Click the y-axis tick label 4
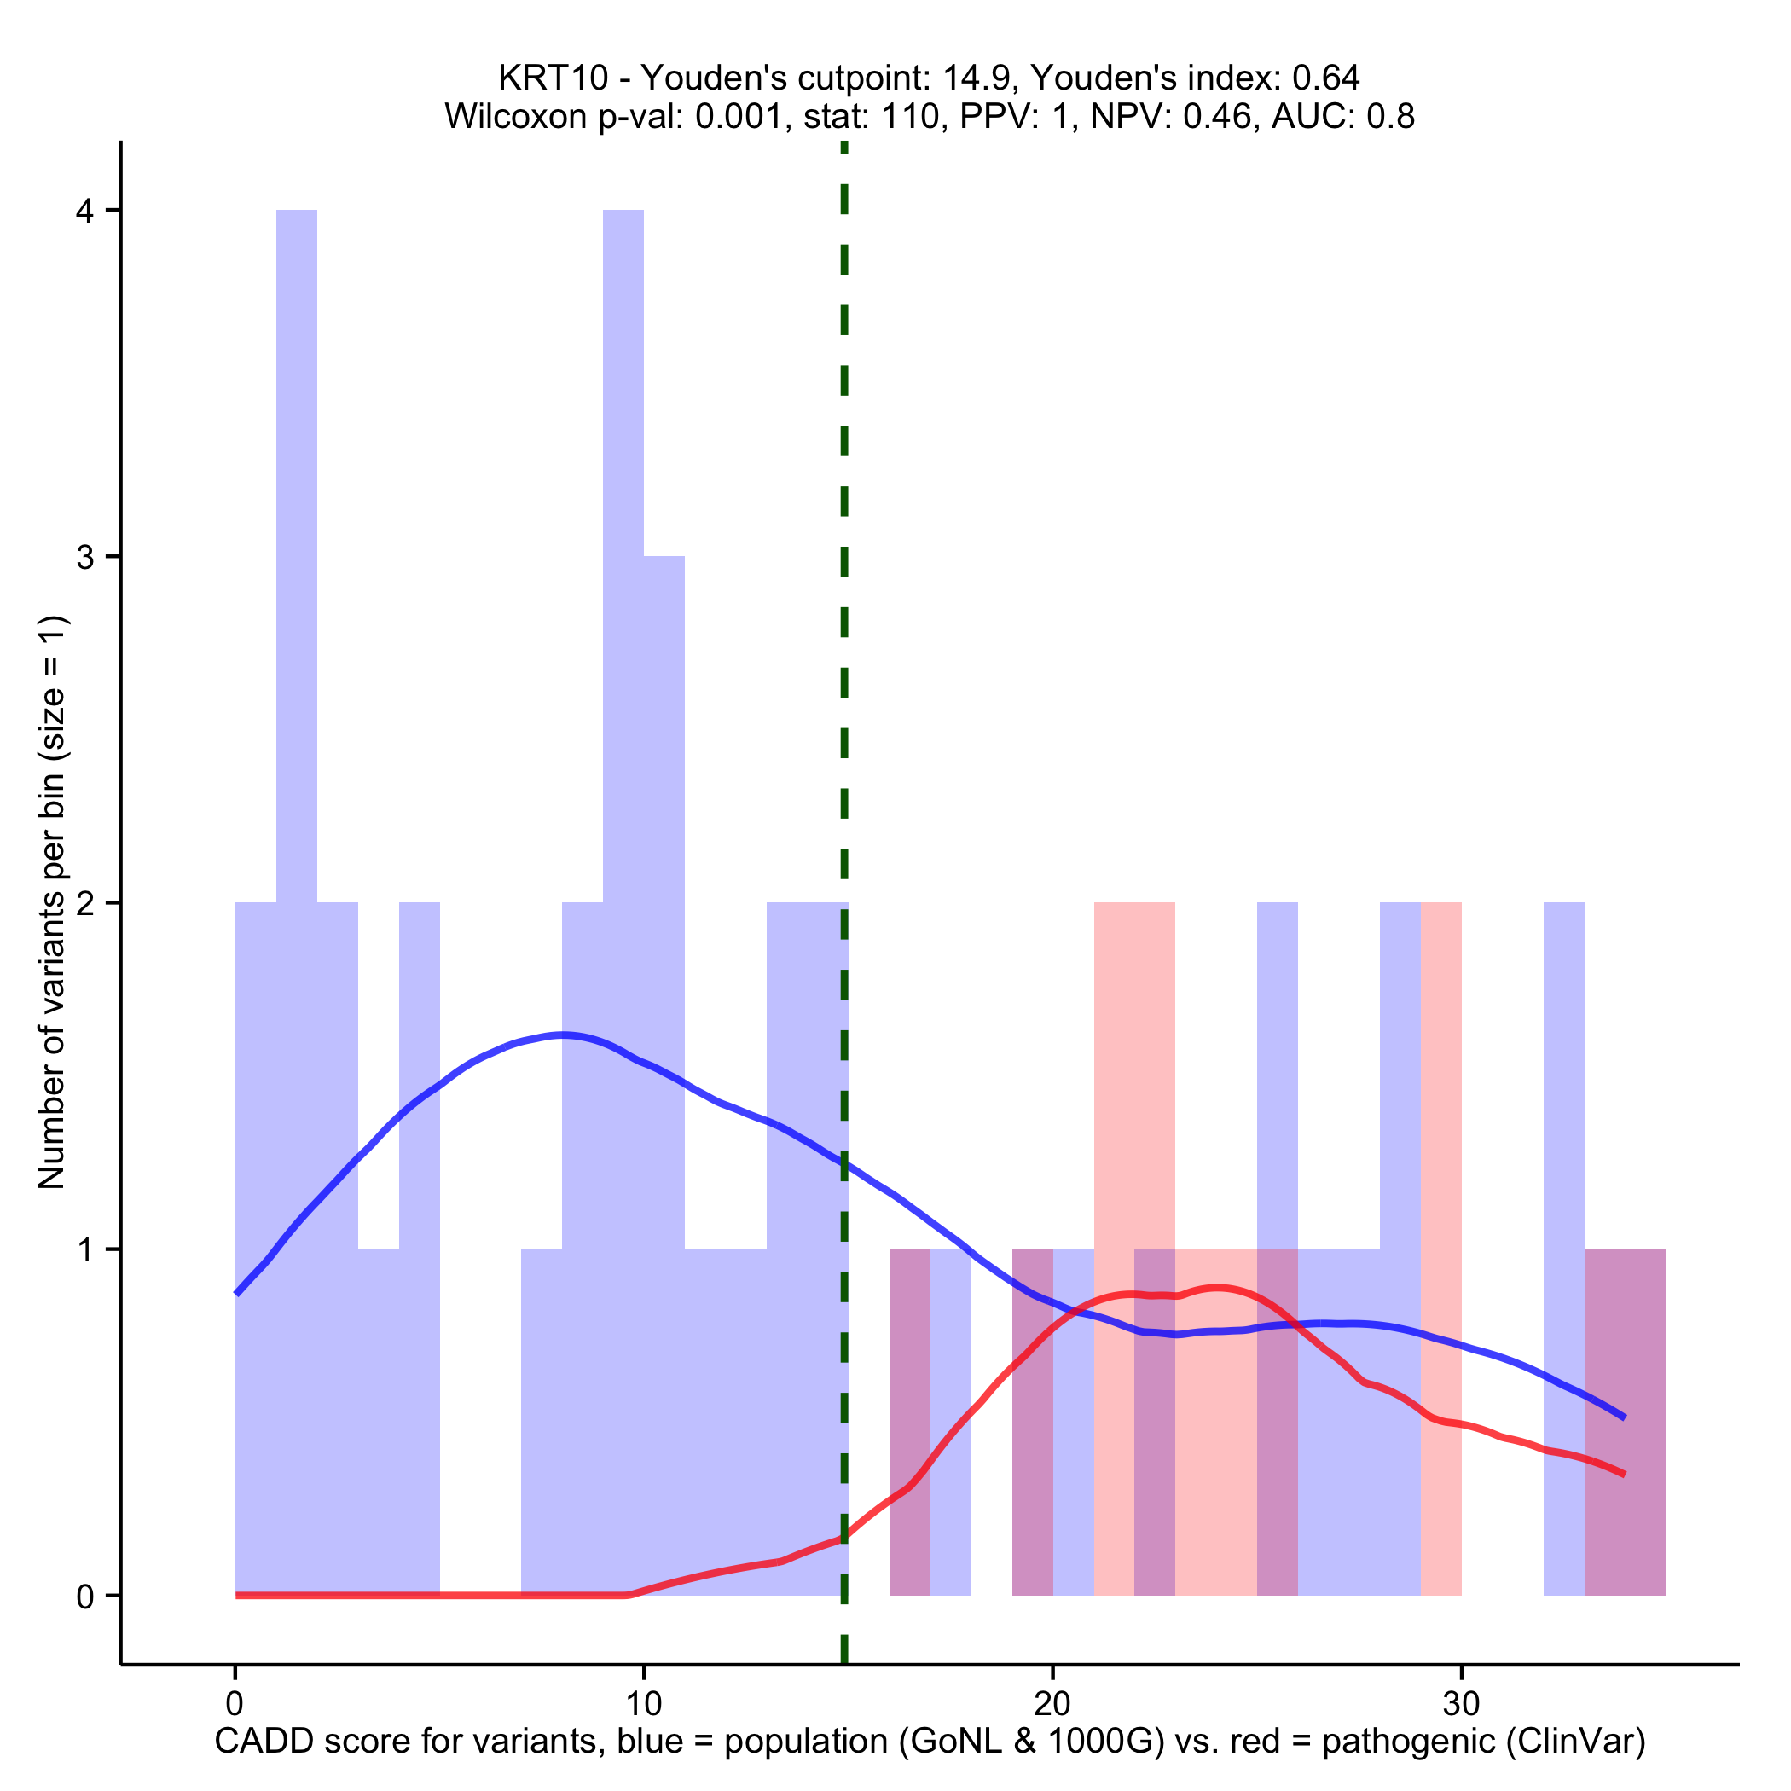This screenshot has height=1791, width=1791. [85, 212]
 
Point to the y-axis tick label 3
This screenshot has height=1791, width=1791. [85, 557]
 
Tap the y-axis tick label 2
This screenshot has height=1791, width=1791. [85, 904]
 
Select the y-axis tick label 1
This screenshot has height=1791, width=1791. [85, 1249]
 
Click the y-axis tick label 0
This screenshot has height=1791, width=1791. [85, 1597]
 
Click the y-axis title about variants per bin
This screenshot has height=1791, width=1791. [52, 902]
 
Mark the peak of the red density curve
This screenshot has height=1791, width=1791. [1216, 1288]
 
